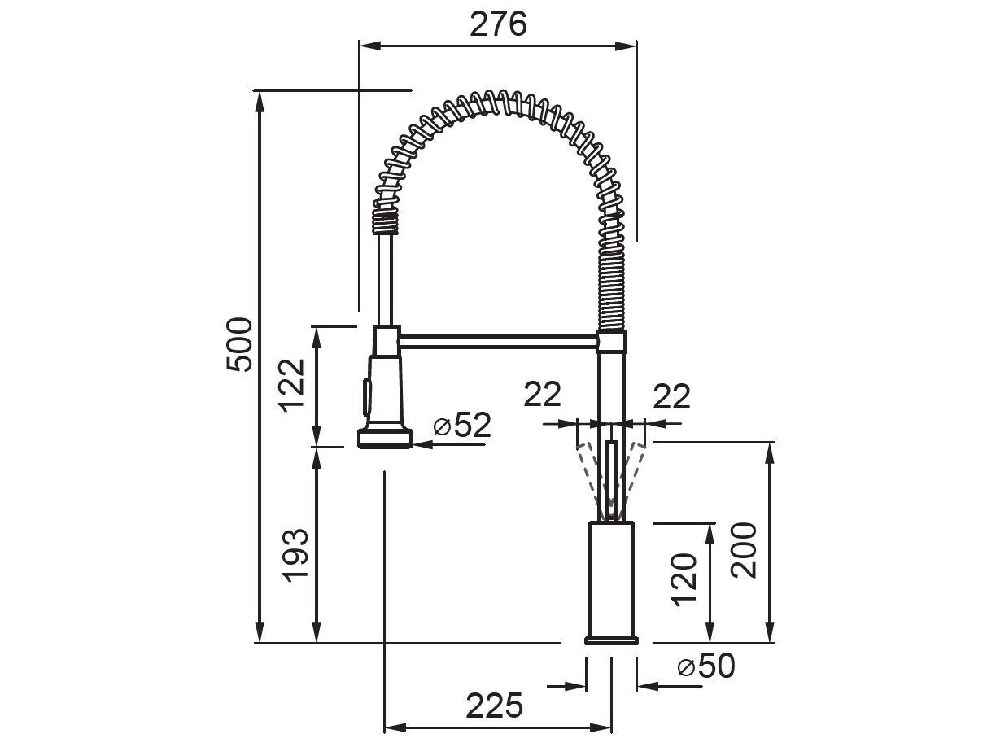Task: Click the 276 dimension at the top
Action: (x=498, y=24)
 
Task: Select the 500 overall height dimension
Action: (x=238, y=343)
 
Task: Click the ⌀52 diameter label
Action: (x=461, y=425)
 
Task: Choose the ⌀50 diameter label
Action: (x=705, y=666)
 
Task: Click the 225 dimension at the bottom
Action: (x=495, y=705)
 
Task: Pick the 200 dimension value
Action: (x=744, y=550)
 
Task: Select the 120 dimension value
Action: (x=684, y=579)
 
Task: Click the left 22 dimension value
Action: (x=542, y=395)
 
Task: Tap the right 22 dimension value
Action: (x=671, y=396)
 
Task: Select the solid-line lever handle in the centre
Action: (x=610, y=476)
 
